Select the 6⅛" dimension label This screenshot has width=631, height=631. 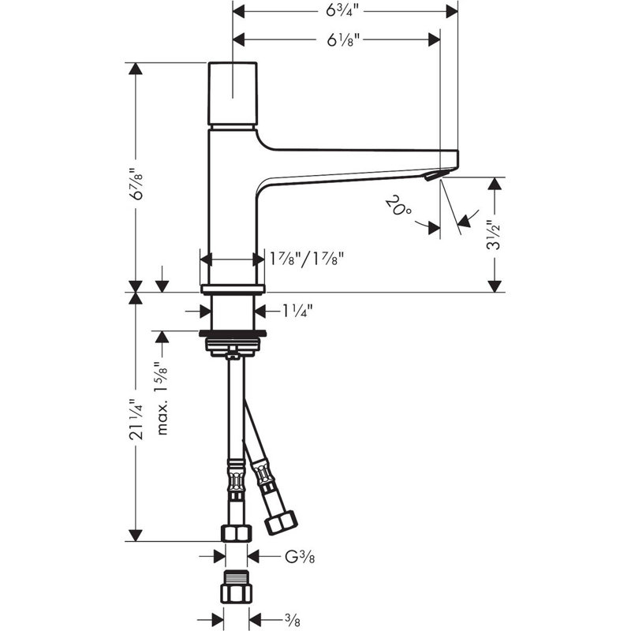343,40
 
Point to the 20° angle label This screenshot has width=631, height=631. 398,205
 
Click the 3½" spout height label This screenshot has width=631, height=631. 494,235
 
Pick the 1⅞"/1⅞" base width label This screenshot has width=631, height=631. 307,259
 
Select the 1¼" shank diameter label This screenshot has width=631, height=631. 297,310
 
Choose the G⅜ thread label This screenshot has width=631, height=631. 300,557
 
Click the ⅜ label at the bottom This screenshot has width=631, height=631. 292,620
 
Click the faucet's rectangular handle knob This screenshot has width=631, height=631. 233,93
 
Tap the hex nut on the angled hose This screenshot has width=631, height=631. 281,522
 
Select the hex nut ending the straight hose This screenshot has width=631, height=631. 237,533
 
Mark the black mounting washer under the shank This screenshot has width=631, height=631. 233,333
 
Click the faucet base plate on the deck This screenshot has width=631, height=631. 233,289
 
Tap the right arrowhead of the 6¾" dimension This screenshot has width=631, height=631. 452,11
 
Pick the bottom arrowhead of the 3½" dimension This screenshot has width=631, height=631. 495,286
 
